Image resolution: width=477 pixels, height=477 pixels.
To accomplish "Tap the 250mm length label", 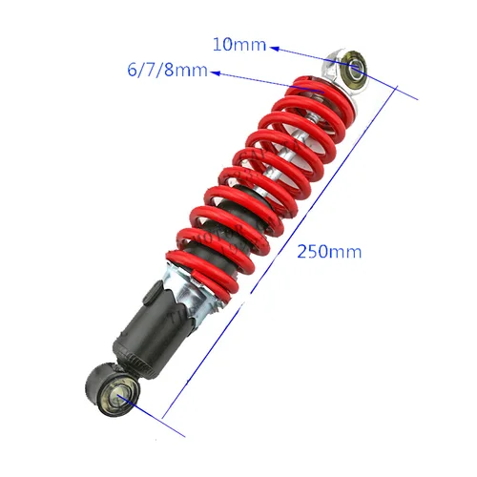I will pyautogui.click(x=328, y=252).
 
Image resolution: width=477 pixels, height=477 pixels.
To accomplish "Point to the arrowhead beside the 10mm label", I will pyautogui.click(x=274, y=46).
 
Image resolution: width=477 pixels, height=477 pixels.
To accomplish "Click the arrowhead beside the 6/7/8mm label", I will pyautogui.click(x=217, y=72).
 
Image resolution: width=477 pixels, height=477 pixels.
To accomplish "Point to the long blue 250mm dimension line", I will pyautogui.click(x=286, y=248).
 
